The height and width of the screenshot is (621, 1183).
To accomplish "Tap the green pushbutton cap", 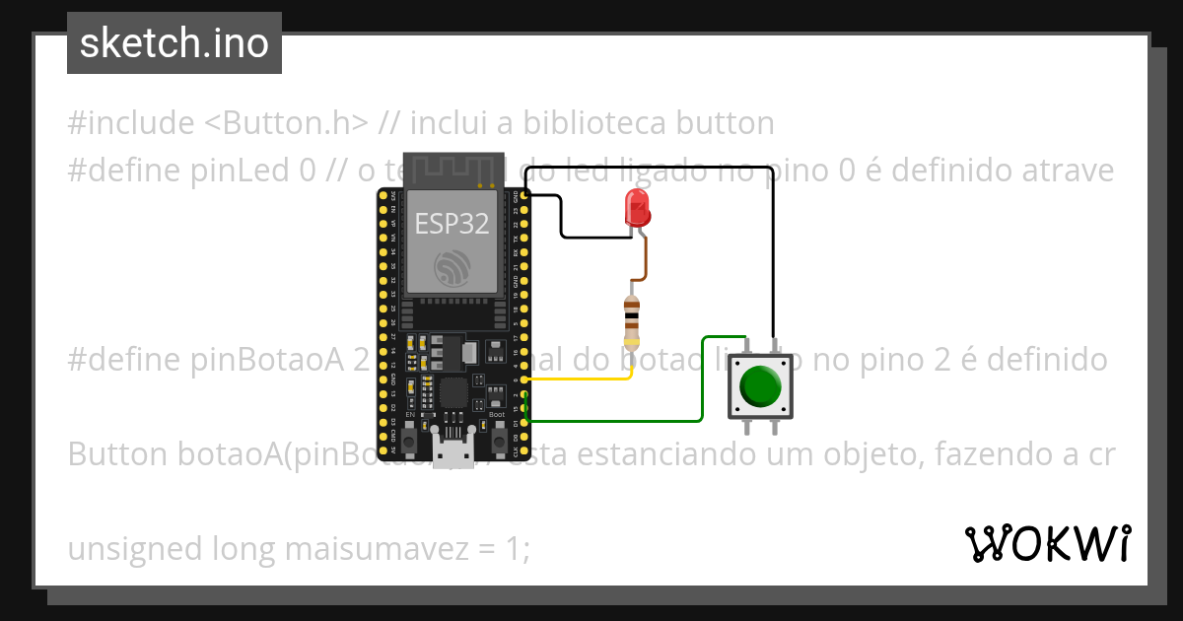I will coord(760,385).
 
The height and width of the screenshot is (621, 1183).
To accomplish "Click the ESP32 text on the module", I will coord(452,224).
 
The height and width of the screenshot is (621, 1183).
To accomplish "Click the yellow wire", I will coord(582,379).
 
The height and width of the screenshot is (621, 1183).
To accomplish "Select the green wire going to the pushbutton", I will coord(702,384).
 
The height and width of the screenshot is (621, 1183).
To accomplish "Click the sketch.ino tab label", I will coord(174,43).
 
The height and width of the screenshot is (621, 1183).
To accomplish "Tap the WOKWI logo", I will coord(1048,543).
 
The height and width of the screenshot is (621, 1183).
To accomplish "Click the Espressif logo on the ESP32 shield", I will coord(452,267).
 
